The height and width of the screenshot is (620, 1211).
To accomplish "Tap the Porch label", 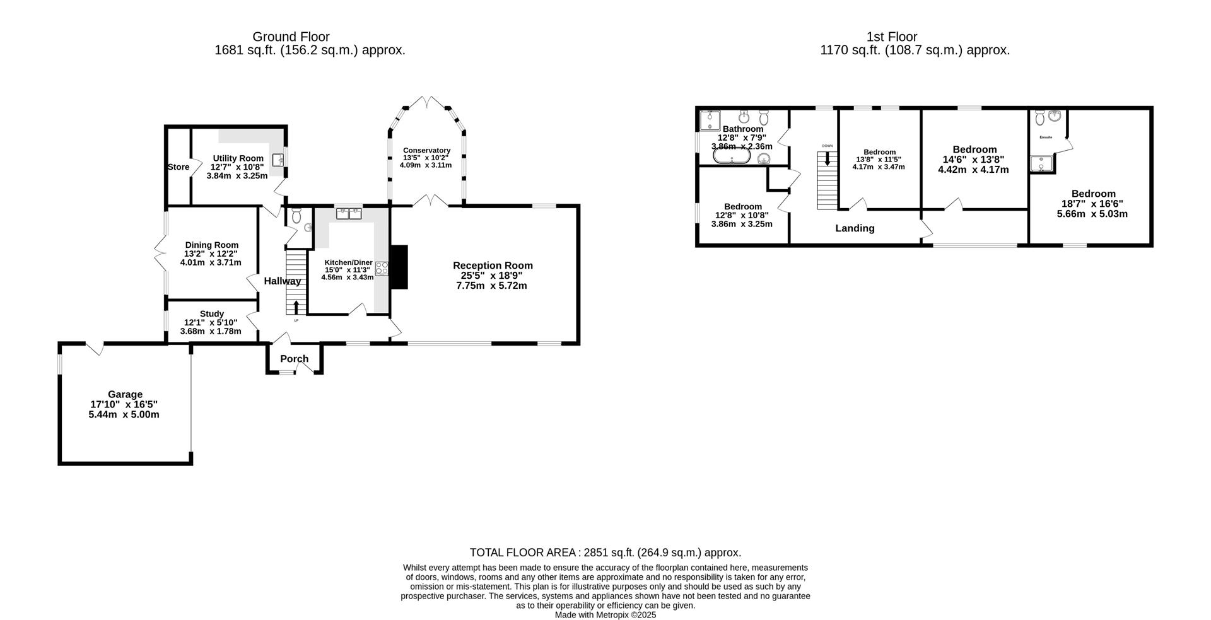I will [294, 359].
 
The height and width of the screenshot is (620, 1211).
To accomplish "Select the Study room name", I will [211, 313].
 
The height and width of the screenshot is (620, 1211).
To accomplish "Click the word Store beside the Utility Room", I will [178, 167].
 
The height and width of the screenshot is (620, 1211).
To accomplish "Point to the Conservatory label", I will [426, 150].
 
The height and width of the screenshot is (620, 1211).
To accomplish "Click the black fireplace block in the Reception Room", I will [399, 266].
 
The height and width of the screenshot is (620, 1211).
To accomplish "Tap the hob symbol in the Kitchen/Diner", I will [382, 267].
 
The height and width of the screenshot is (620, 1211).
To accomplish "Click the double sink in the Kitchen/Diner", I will [349, 213].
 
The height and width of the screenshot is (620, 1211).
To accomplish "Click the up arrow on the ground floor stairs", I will [296, 307].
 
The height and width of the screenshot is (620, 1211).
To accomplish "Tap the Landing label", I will [855, 228].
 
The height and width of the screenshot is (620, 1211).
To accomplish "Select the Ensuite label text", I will [1046, 137].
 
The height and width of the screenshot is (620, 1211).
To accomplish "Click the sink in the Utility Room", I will [278, 159].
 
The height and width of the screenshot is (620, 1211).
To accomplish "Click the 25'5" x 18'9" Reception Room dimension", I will [492, 276].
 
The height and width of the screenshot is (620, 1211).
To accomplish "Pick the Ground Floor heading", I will [291, 37].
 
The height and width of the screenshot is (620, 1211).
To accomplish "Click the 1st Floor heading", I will [892, 37].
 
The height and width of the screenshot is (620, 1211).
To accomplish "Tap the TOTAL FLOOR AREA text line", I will [605, 553].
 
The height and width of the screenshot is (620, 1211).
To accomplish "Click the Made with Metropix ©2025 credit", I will [605, 614].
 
